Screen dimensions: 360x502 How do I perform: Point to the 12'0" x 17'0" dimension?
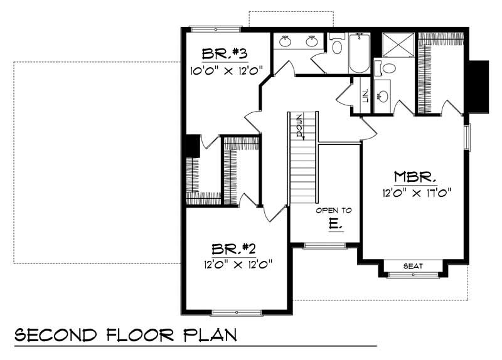[x=415, y=193]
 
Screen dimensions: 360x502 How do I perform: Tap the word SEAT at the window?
[x=414, y=266]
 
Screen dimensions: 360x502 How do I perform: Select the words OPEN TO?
[x=334, y=210]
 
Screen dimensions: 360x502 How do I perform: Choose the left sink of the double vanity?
[x=286, y=41]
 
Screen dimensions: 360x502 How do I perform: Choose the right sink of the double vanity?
[x=312, y=41]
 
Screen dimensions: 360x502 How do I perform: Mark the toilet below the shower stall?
[x=388, y=67]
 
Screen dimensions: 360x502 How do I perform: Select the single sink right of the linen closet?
[x=382, y=97]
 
